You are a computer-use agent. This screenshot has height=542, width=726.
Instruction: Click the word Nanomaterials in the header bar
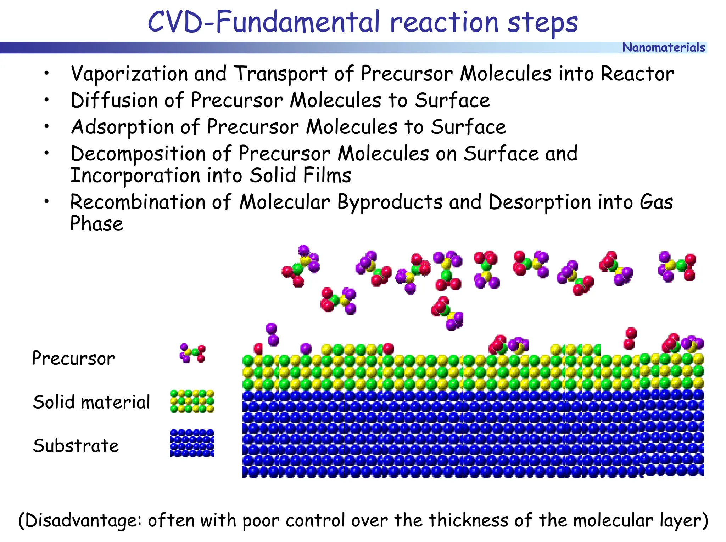[663, 47]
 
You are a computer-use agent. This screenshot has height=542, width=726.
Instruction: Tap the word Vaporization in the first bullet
[129, 74]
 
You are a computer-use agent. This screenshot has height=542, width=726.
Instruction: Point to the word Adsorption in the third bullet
[122, 127]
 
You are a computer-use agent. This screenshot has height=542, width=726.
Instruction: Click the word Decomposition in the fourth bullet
[138, 154]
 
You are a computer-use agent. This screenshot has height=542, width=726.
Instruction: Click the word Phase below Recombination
[96, 224]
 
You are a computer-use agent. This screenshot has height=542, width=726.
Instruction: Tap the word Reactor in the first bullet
[637, 74]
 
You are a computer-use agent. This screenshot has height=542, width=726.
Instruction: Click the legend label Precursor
[73, 358]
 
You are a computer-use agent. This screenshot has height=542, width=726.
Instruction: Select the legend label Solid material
[91, 402]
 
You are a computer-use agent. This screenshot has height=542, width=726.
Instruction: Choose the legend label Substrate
[76, 446]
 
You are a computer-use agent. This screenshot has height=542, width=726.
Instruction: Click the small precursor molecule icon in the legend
[192, 353]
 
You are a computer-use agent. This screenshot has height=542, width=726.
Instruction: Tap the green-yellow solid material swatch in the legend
[192, 401]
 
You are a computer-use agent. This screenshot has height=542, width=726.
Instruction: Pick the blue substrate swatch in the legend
[192, 443]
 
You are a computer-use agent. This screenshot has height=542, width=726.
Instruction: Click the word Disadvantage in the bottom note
[83, 520]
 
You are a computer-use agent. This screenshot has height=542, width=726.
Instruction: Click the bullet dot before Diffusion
[46, 100]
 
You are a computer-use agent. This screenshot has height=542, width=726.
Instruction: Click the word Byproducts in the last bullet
[390, 202]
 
